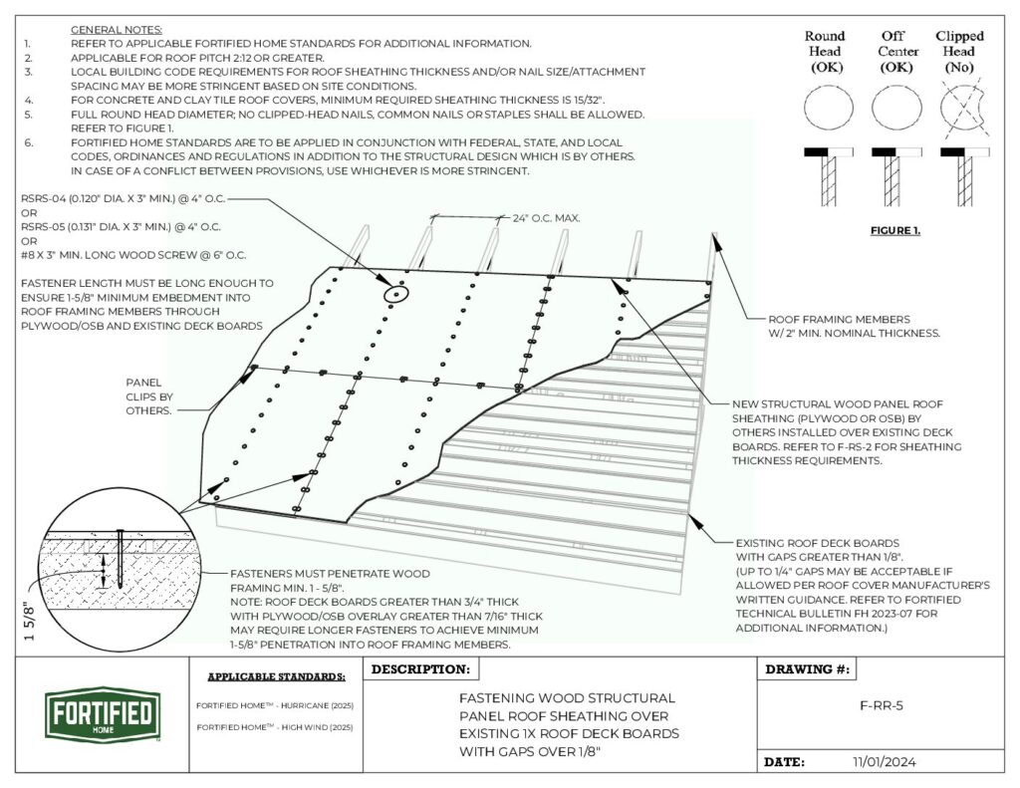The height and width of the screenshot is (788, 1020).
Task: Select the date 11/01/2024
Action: point(884,762)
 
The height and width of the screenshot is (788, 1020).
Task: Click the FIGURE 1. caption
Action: point(895,231)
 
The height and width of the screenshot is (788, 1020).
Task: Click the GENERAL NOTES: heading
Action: point(117,31)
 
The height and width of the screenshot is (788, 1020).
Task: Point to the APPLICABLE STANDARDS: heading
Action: point(276,676)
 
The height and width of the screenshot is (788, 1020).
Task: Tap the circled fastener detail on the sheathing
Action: point(396,294)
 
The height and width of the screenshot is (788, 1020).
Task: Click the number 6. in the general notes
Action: point(29,142)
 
